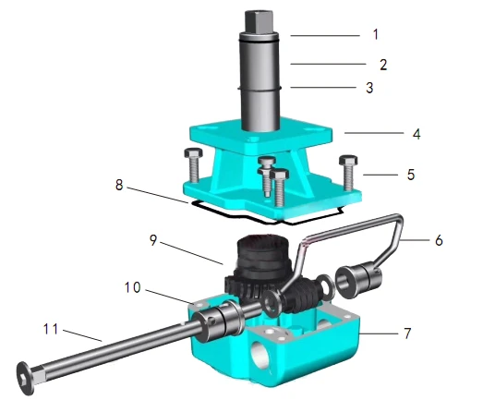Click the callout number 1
coord(376,34)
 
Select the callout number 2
coord(383,65)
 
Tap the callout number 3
coord(369,88)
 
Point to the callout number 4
coord(417,134)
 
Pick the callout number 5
coord(411,175)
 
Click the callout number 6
coord(439,240)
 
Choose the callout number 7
coord(407,333)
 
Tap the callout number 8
coord(119,185)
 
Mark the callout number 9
coord(153,240)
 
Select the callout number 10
coord(133,287)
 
